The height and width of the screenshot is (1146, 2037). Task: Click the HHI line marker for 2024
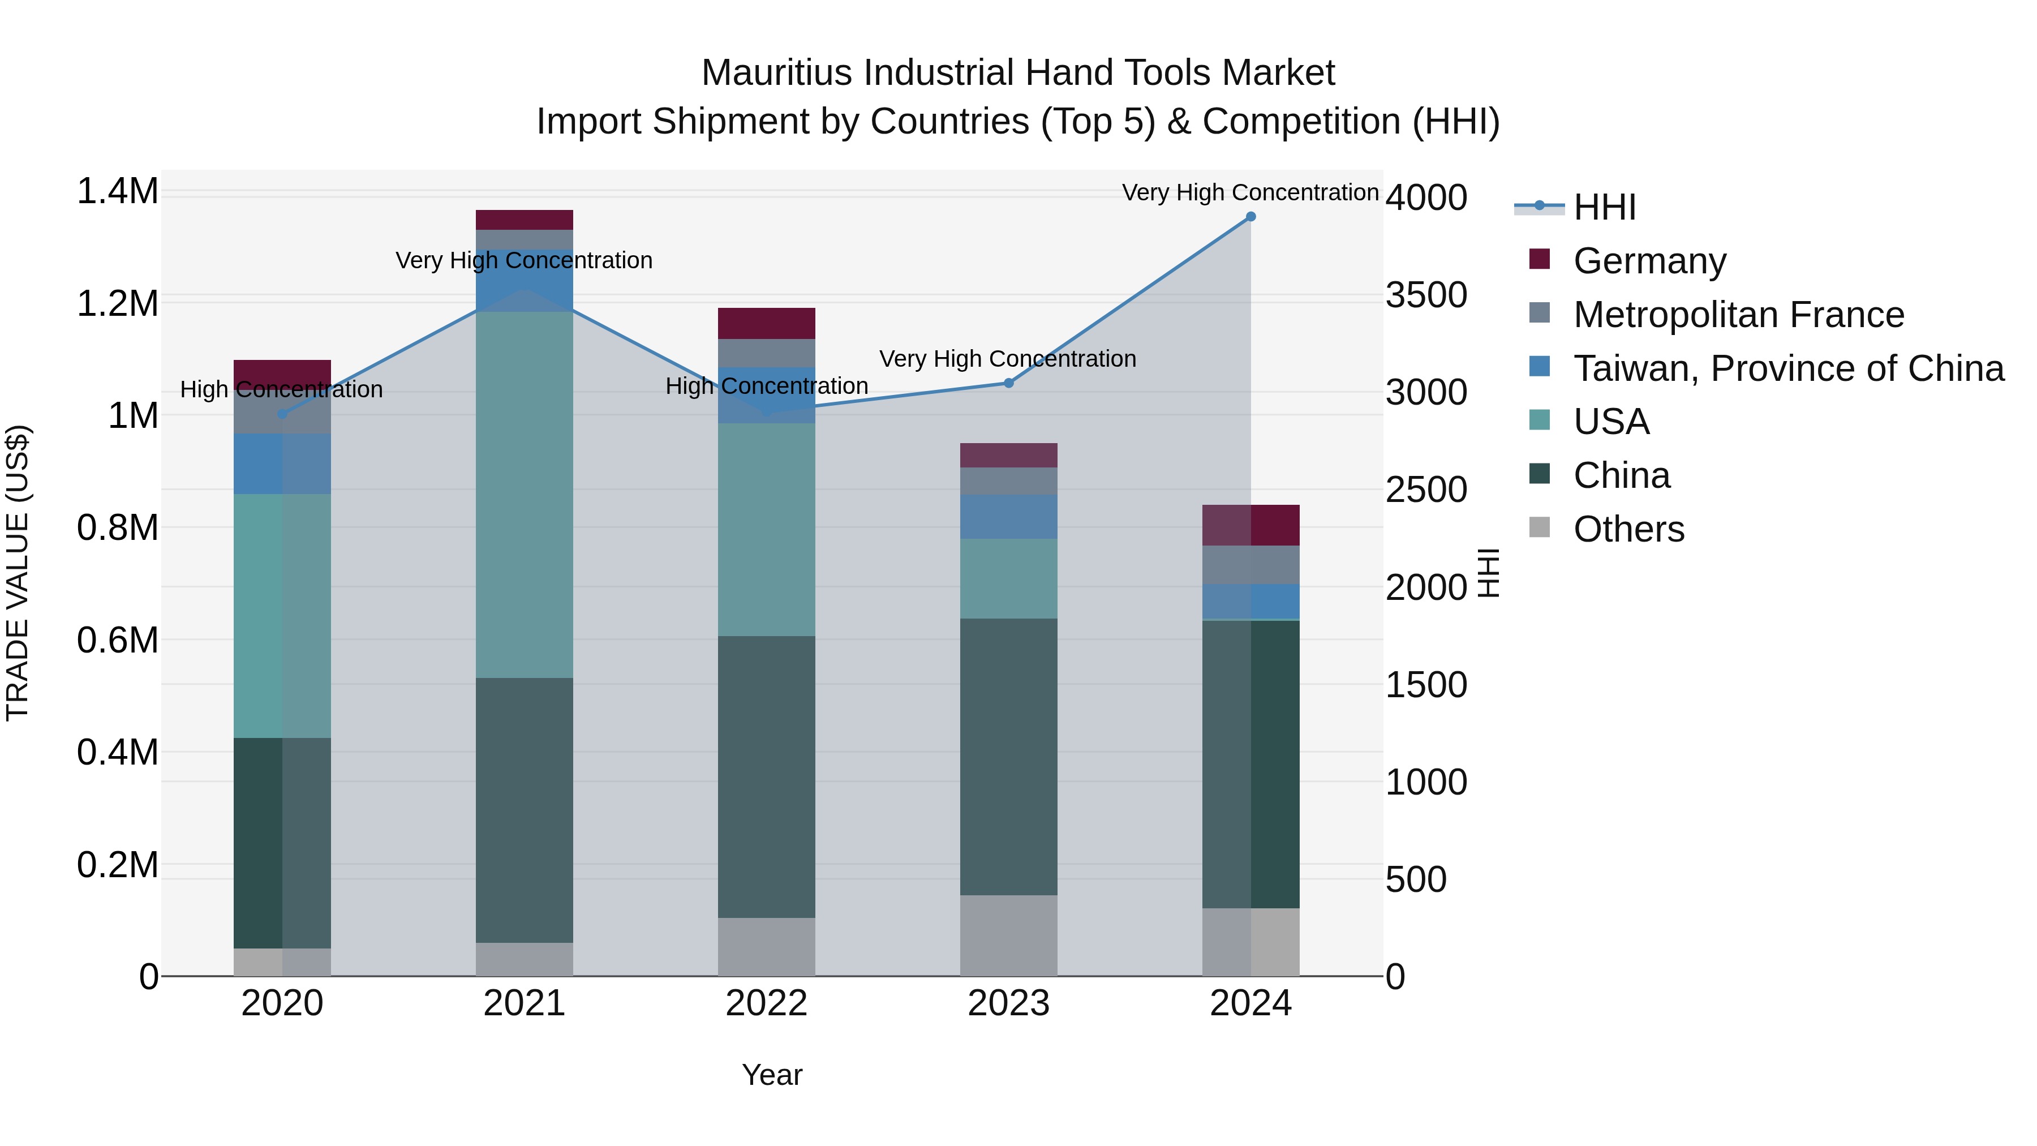pyautogui.click(x=1250, y=217)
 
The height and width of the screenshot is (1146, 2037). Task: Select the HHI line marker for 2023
pyautogui.click(x=1008, y=383)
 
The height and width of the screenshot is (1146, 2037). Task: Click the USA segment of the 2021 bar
pyautogui.click(x=525, y=494)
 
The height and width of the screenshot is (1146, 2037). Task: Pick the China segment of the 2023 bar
pyautogui.click(x=1008, y=756)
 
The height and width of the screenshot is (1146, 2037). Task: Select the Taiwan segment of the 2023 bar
pyautogui.click(x=1008, y=517)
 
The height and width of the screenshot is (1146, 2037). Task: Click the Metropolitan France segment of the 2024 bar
pyautogui.click(x=1250, y=565)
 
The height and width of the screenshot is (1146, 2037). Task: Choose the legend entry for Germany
pyautogui.click(x=1649, y=261)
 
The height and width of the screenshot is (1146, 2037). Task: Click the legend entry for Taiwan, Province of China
pyautogui.click(x=1787, y=368)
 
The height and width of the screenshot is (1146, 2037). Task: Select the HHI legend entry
pyautogui.click(x=1604, y=207)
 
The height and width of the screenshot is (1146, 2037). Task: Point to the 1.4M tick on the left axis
pyautogui.click(x=117, y=191)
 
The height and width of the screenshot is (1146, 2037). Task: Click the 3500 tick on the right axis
pyautogui.click(x=1426, y=295)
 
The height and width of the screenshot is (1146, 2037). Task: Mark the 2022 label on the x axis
pyautogui.click(x=766, y=1003)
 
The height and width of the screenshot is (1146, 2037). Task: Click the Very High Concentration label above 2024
pyautogui.click(x=1250, y=192)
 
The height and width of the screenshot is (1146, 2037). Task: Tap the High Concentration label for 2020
pyautogui.click(x=282, y=389)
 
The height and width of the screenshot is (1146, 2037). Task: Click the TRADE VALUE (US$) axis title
pyautogui.click(x=18, y=573)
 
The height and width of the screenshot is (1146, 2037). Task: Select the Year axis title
pyautogui.click(x=772, y=1075)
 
